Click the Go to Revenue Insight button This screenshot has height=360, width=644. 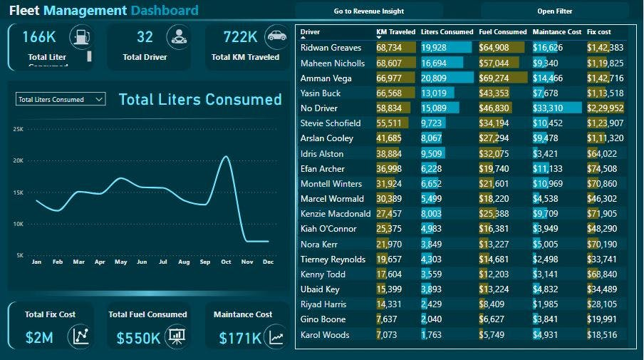pyautogui.click(x=369, y=11)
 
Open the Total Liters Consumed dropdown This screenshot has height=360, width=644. pyautogui.click(x=61, y=100)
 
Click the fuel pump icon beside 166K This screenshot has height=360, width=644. pyautogui.click(x=80, y=36)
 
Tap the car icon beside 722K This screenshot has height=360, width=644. pyautogui.click(x=275, y=36)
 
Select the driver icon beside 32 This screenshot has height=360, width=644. pyautogui.click(x=178, y=36)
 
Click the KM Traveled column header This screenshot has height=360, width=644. pyautogui.click(x=395, y=32)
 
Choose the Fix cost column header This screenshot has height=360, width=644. pyautogui.click(x=598, y=32)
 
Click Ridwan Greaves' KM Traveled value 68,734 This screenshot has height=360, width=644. pyautogui.click(x=389, y=48)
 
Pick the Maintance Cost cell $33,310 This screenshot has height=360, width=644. pyautogui.click(x=548, y=108)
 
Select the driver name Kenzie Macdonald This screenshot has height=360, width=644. pyautogui.click(x=336, y=214)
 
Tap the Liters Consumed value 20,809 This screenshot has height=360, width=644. pyautogui.click(x=435, y=78)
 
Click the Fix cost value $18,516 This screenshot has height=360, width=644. pyautogui.click(x=603, y=334)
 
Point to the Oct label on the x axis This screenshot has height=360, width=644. pyautogui.click(x=227, y=262)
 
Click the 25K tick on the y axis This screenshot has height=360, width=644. pyautogui.click(x=19, y=129)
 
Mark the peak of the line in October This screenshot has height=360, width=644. pyautogui.click(x=226, y=156)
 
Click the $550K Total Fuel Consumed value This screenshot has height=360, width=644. pyautogui.click(x=138, y=338)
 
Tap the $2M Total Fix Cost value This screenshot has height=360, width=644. pyautogui.click(x=38, y=338)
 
